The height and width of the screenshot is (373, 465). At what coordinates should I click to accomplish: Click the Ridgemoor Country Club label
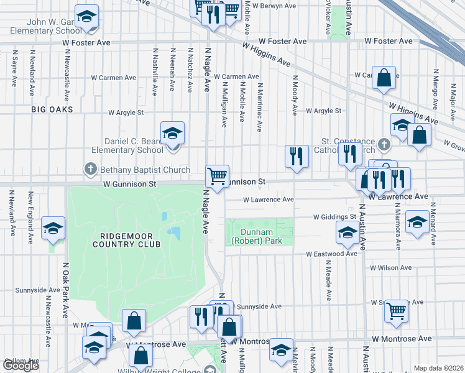coord(126,239)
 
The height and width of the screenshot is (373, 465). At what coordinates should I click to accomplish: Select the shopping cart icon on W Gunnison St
coord(218,176)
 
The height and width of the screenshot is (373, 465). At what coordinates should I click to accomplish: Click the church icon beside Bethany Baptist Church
coord(91,170)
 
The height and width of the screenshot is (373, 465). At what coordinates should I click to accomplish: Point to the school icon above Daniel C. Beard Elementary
coord(173,132)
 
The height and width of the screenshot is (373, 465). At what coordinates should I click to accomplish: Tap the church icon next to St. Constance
coord(384,145)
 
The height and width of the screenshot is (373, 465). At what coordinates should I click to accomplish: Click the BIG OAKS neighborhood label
coord(53,109)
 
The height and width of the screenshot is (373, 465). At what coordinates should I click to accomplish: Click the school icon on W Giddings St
coord(347,234)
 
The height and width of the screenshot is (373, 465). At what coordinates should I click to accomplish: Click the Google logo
coord(21,366)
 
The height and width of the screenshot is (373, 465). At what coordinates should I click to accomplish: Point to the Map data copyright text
coord(438,368)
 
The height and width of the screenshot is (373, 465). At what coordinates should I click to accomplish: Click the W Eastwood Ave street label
coord(331,254)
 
